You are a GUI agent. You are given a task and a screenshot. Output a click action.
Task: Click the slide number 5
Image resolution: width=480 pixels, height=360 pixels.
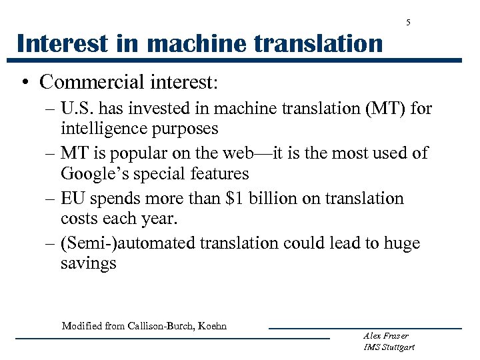[x=409, y=23]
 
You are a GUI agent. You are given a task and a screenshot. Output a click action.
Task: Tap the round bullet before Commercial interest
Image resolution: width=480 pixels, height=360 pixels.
[x=23, y=82]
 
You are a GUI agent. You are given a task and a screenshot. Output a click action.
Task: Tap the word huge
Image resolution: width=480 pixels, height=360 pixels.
[x=397, y=244]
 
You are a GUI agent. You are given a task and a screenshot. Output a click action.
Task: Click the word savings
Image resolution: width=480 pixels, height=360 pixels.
[x=88, y=263]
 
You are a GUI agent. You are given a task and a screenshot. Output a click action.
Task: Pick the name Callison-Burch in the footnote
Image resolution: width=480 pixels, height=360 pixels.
[x=159, y=326]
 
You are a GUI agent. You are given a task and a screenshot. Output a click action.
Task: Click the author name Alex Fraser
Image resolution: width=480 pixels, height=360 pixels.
[x=386, y=336]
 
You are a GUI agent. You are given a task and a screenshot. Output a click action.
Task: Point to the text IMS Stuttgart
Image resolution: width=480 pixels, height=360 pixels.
[x=389, y=347]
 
